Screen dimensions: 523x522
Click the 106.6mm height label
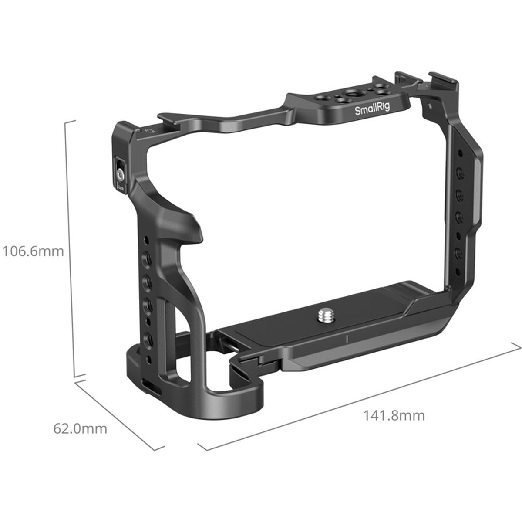33,251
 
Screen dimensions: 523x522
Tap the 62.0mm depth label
80,429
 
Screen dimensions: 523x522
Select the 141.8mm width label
394,415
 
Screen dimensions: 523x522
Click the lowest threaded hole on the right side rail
458,253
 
